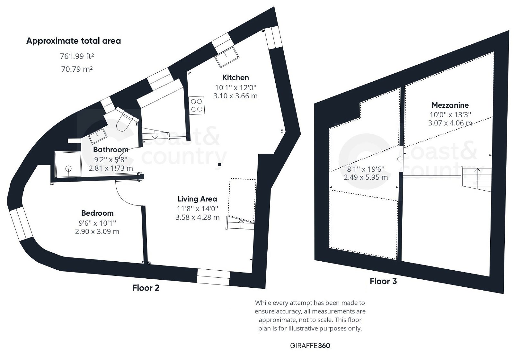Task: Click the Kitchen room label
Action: click(x=235, y=77)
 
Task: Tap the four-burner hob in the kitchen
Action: click(x=196, y=105)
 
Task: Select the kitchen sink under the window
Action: click(x=227, y=57)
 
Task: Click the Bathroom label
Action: click(x=111, y=149)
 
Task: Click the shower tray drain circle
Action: click(x=68, y=168)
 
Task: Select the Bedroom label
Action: click(x=97, y=213)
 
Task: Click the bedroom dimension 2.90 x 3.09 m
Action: click(x=97, y=231)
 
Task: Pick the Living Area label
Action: click(x=197, y=199)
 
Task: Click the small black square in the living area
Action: click(x=219, y=165)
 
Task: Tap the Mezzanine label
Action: click(x=450, y=105)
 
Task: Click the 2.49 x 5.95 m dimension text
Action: click(x=366, y=177)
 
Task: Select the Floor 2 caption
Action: click(x=146, y=288)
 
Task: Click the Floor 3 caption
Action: click(x=383, y=281)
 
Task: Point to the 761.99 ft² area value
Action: click(x=77, y=56)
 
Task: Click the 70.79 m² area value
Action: click(x=77, y=69)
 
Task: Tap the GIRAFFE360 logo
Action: click(x=310, y=346)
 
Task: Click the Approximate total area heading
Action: click(x=74, y=41)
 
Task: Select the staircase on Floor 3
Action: click(x=477, y=179)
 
